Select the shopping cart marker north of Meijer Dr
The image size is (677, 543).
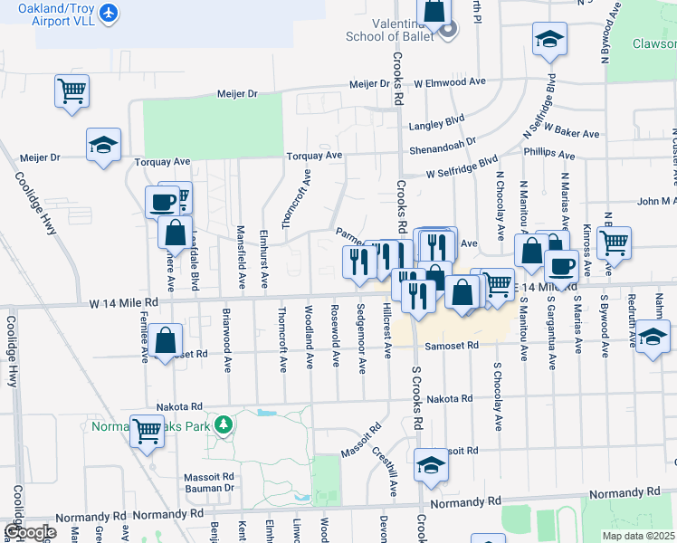pyautogui.click(x=72, y=90)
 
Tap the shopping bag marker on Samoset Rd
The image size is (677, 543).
pyautogui.click(x=166, y=342)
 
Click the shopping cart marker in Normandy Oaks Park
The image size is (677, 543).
pyautogui.click(x=147, y=432)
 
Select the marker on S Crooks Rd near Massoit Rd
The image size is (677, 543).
pyautogui.click(x=432, y=465)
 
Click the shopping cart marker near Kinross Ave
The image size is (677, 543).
pyautogui.click(x=614, y=243)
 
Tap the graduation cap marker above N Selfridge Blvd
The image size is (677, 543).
pyautogui.click(x=548, y=40)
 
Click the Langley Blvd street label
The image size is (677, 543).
pyautogui.click(x=436, y=119)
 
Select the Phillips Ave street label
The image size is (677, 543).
pyautogui.click(x=548, y=154)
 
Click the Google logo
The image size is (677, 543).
pyautogui.click(x=30, y=532)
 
